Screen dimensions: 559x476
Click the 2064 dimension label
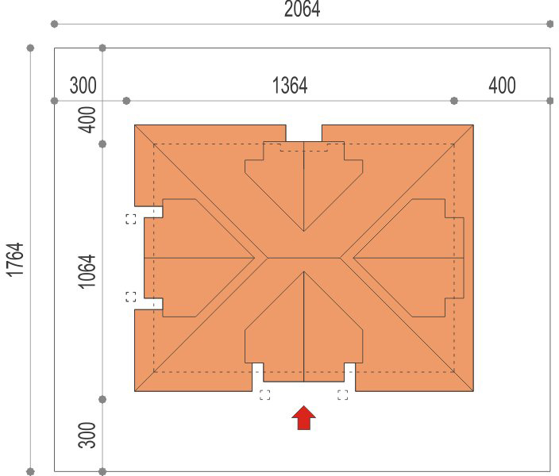(302, 9)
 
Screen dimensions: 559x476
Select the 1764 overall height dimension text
(16, 259)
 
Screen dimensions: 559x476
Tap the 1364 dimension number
(290, 86)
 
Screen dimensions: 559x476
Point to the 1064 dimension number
(87, 271)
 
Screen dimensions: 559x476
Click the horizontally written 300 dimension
(83, 86)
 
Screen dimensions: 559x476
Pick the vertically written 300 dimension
(87, 435)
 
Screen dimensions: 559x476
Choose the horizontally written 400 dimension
(502, 86)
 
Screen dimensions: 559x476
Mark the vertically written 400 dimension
(87, 120)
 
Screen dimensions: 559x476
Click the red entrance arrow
(304, 417)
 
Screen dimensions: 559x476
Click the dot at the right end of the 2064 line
(549, 24)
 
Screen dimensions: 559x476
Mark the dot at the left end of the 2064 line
(54, 24)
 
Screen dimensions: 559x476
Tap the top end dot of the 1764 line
(31, 48)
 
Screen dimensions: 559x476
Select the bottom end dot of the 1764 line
(31, 471)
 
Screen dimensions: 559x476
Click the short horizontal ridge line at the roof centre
(304, 258)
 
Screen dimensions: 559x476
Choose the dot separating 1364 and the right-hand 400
(454, 101)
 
